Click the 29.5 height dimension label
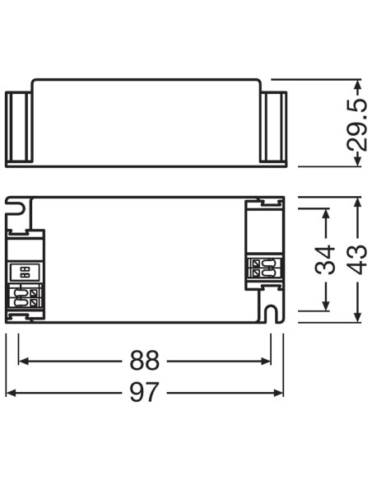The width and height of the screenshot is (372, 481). pos(357,124)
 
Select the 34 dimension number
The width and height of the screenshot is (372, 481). pos(325,259)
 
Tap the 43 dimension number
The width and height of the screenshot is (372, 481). pos(358,259)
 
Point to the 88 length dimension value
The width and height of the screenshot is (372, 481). pos(145,361)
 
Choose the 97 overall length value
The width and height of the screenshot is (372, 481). pos(145,392)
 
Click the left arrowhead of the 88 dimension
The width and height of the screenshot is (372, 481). pos(24,361)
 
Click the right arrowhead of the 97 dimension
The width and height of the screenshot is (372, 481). pos(278,393)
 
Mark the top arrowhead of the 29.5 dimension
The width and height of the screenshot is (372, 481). pos(357,85)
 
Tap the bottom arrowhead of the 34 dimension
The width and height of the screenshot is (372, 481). pos(326,306)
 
